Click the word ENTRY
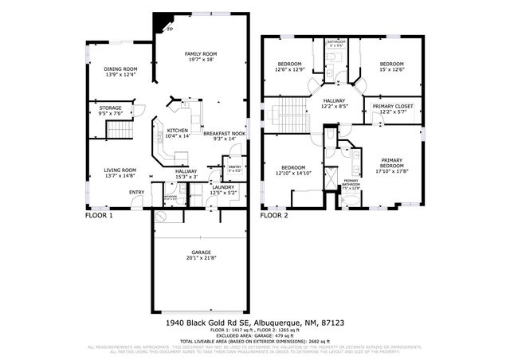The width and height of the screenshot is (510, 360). (x=137, y=192)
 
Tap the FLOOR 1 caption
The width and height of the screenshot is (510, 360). (x=100, y=216)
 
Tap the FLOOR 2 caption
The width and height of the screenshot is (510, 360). (x=274, y=216)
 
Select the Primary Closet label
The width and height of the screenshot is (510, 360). (x=392, y=108)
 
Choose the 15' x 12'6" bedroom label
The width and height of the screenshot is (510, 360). (x=391, y=66)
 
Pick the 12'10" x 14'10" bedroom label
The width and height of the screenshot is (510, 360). (x=291, y=170)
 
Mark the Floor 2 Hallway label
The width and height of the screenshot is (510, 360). (x=334, y=103)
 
